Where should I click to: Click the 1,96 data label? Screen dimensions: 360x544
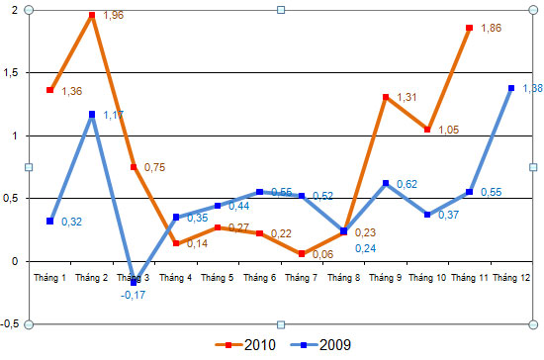(115, 17)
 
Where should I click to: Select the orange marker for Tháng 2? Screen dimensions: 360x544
(91, 16)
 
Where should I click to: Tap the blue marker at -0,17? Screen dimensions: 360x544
(134, 282)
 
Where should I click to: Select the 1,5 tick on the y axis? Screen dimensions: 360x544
(12, 73)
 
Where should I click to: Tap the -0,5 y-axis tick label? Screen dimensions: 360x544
(11, 324)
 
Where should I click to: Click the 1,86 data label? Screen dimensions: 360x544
(492, 29)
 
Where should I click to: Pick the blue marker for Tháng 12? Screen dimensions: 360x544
(511, 88)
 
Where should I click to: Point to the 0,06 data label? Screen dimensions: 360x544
(323, 254)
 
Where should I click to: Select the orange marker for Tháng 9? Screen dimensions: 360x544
(386, 97)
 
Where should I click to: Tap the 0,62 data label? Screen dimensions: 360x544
(406, 184)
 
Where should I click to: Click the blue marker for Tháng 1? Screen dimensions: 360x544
(49, 221)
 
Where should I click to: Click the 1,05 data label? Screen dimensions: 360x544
(449, 130)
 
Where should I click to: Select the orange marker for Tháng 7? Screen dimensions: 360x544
(302, 253)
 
